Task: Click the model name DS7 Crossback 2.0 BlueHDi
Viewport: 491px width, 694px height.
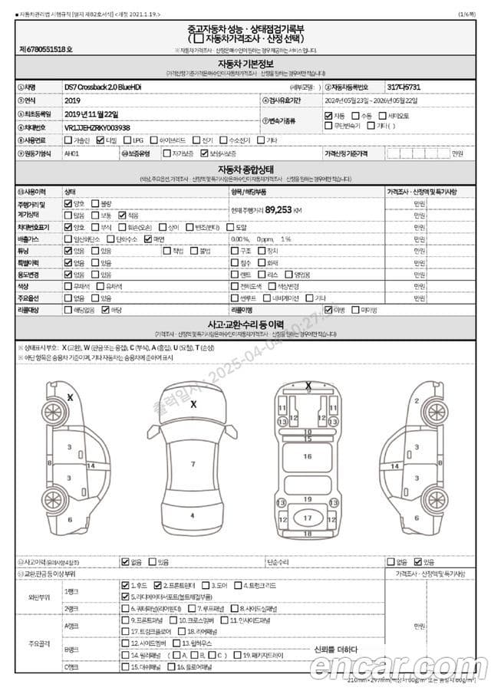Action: click(103, 87)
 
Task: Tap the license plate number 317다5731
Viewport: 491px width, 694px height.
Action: click(404, 87)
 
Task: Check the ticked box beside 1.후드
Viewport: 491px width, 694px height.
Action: click(126, 585)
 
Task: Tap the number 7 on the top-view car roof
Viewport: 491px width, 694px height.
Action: click(193, 464)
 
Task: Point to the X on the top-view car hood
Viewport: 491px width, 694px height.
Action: click(193, 403)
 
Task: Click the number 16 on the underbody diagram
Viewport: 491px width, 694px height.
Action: click(308, 457)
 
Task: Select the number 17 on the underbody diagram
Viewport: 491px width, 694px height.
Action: click(308, 519)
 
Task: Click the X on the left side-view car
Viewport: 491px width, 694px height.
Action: click(70, 397)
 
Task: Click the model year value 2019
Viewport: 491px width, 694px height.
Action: click(73, 100)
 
